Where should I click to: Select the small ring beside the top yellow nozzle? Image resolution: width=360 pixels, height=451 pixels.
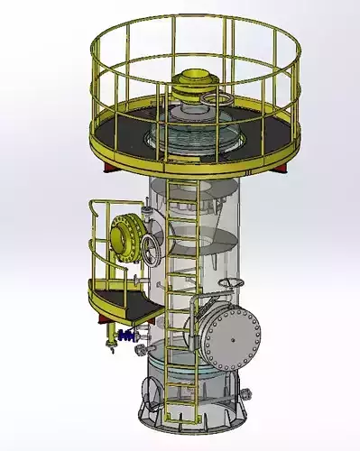click(217, 97)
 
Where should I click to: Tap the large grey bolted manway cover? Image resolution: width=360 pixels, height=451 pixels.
click(231, 336)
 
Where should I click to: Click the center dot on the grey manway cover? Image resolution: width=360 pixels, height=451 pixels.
click(231, 336)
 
